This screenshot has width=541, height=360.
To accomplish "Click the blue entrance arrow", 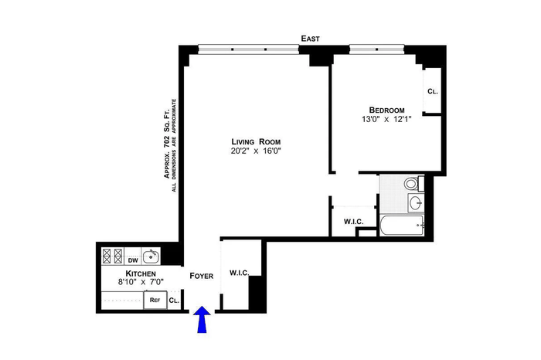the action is click(x=202, y=319).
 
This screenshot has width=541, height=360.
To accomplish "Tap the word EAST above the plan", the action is click(x=310, y=39).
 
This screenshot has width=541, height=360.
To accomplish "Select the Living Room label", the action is click(x=256, y=141).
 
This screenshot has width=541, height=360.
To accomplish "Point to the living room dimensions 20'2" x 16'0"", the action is click(x=256, y=151).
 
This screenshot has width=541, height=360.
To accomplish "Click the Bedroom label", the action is click(x=386, y=110).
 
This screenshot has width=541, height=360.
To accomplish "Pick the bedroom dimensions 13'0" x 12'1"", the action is click(x=386, y=119).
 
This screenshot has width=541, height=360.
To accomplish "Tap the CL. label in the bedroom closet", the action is click(x=432, y=91).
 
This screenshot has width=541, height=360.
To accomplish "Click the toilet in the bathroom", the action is click(x=413, y=183).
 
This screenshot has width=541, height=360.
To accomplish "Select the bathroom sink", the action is click(x=416, y=202).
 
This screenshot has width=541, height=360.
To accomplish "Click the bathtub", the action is click(x=402, y=226).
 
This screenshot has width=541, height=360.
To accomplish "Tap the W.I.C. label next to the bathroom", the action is click(x=354, y=222).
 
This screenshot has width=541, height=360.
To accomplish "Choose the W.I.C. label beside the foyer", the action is click(x=240, y=273).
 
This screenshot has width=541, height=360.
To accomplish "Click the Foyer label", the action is click(x=202, y=276).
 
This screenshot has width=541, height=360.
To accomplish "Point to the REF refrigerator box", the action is click(x=155, y=300).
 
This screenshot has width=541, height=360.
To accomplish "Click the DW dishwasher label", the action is click(x=133, y=260).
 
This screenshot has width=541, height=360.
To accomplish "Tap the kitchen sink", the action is click(x=151, y=256).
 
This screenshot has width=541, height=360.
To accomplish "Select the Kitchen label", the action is click(x=141, y=273).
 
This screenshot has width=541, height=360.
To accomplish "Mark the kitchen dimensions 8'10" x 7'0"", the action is click(x=141, y=282).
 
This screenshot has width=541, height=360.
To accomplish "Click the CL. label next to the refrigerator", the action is click(x=174, y=301).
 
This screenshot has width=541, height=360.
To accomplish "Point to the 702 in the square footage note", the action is click(x=167, y=141).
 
